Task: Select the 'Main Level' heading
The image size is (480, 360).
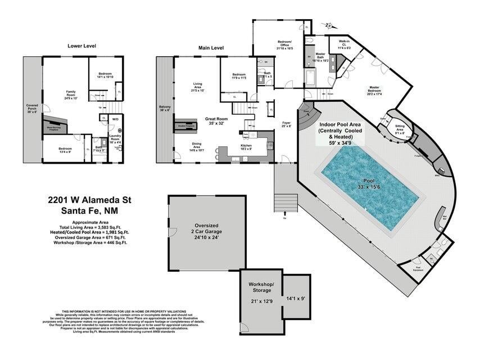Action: point(211,48)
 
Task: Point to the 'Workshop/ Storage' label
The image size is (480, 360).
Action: point(261,287)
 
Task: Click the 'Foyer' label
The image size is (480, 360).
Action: point(287,122)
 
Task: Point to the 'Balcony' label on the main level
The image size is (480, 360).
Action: point(165,109)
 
